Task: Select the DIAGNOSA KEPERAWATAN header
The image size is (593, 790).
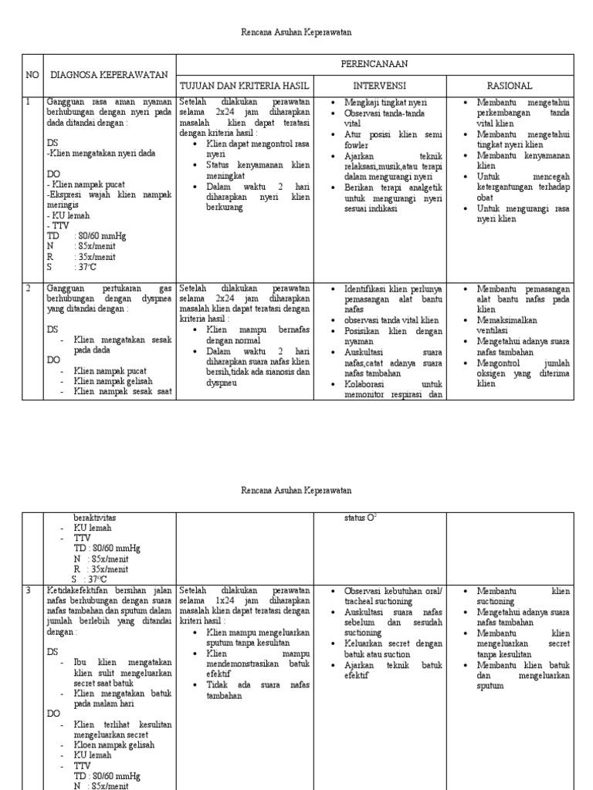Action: pyautogui.click(x=109, y=74)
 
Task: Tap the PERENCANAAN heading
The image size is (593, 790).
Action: pyautogui.click(x=374, y=64)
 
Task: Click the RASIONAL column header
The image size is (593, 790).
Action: pyautogui.click(x=509, y=85)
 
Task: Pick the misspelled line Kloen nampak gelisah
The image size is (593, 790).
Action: pyautogui.click(x=114, y=744)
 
